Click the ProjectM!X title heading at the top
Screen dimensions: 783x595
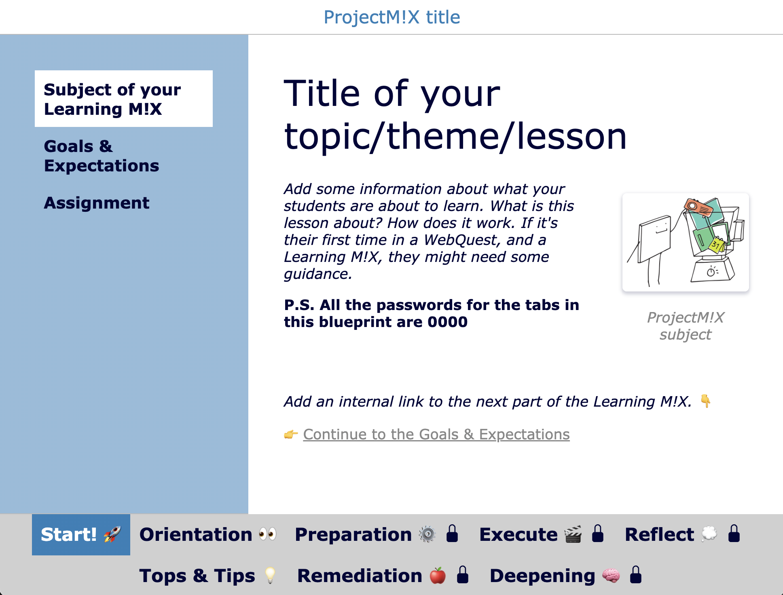pyautogui.click(x=391, y=17)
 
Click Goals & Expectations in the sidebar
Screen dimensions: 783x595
pyautogui.click(x=101, y=156)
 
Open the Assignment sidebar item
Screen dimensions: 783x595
pyautogui.click(x=97, y=203)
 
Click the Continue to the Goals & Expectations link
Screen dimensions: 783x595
pyautogui.click(x=436, y=435)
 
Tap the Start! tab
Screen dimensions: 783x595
pyautogui.click(x=81, y=534)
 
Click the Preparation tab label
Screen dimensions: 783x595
pyautogui.click(x=353, y=534)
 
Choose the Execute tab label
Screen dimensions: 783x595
pyautogui.click(x=518, y=534)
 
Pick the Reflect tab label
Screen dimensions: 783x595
pyautogui.click(x=659, y=534)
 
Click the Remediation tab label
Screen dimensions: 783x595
pyautogui.click(x=360, y=576)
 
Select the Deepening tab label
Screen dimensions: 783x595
pyautogui.click(x=542, y=576)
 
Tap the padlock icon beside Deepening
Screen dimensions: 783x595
pyautogui.click(x=636, y=575)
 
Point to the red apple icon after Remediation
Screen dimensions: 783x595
pyautogui.click(x=438, y=576)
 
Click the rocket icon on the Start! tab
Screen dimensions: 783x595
pyautogui.click(x=112, y=534)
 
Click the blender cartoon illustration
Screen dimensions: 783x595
pyautogui.click(x=686, y=242)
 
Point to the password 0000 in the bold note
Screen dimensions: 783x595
pyautogui.click(x=448, y=322)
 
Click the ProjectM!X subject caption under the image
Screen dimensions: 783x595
pyautogui.click(x=686, y=326)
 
